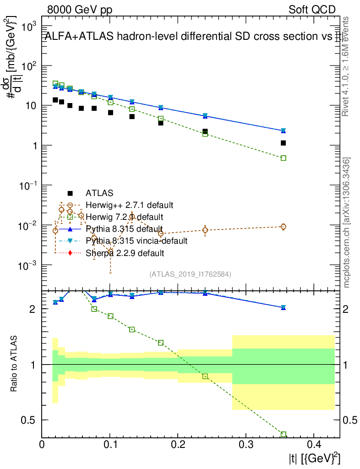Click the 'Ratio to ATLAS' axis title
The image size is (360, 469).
(15, 364)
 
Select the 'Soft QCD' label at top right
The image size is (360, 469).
(312, 10)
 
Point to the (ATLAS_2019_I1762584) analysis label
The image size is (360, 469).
(190, 274)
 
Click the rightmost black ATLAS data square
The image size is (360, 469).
(284, 143)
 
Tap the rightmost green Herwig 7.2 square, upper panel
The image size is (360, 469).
(284, 158)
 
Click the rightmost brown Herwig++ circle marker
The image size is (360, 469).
(284, 227)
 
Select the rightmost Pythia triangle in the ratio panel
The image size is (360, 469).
(284, 307)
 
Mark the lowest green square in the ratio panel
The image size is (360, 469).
(284, 434)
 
